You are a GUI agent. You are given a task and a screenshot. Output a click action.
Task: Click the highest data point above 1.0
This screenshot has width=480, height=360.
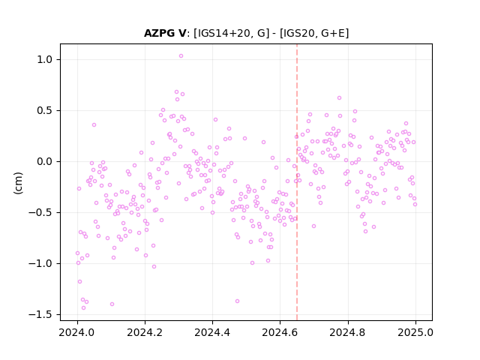coord(181,56)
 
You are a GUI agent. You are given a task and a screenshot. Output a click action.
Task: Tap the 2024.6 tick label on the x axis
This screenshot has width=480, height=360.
coord(280,332)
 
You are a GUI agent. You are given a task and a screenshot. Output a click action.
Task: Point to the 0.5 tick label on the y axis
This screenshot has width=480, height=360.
coord(45,110)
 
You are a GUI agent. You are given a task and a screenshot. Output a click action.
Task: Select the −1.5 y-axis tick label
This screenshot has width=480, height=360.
coord(40,315)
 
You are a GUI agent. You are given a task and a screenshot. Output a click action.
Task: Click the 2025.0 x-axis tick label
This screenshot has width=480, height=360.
coord(415,332)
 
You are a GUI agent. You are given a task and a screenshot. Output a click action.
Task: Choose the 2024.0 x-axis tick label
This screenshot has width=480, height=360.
coord(77,332)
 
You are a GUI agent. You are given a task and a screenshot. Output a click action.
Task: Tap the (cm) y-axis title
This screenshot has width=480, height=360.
coord(18,183)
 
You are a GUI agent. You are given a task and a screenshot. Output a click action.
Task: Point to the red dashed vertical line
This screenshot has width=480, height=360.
coord(297,182)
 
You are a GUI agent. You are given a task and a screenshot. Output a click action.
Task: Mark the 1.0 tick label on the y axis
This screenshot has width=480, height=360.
coord(45,59)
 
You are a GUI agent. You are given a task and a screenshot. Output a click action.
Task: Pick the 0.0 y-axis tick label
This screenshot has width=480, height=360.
coord(45,162)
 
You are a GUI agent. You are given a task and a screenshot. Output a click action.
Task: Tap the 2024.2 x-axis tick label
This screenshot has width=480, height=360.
coord(145,332)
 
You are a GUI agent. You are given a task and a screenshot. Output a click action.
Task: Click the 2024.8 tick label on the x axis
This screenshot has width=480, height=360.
coord(348,332)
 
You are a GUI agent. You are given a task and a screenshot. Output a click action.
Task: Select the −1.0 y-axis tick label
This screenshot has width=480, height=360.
coord(40,263)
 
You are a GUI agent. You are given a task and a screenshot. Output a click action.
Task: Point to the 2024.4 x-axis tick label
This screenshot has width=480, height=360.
coord(212,332)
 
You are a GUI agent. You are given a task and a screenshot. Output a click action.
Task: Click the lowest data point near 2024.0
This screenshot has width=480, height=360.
coord(83,307)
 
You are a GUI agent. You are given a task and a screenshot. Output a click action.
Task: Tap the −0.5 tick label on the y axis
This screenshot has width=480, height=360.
coord(40,212)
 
